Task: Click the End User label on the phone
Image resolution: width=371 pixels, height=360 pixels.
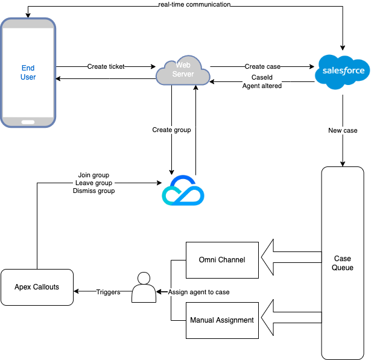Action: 28,72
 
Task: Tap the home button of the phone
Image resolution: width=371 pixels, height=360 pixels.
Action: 28,121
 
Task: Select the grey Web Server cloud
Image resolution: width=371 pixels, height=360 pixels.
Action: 183,72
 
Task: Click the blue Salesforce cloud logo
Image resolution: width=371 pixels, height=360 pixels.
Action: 343,71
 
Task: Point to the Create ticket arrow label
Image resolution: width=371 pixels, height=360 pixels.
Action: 106,66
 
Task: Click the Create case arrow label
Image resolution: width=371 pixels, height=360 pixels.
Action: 262,66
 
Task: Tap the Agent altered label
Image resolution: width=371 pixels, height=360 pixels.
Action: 262,86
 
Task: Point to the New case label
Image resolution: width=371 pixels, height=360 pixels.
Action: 343,131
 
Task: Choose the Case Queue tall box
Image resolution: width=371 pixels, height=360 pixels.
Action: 343,263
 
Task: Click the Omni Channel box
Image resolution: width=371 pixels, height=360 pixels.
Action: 222,260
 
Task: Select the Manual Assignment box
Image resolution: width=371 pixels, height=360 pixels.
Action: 222,320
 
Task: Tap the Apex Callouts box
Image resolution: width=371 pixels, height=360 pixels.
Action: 37,287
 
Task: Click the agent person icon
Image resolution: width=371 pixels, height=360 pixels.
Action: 144,288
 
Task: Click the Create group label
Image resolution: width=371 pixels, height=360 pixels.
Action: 171,130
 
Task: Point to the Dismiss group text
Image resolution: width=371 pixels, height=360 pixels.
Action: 94,191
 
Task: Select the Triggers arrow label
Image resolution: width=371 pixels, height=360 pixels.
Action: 108,292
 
